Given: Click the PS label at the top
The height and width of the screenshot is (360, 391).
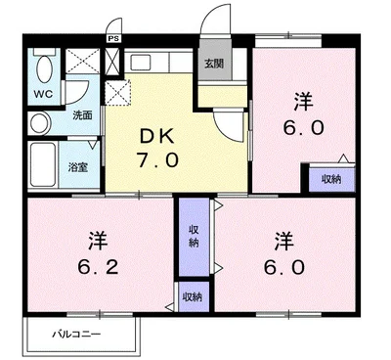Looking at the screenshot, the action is point(114,38).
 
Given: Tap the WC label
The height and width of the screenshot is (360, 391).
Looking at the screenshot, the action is point(43,95).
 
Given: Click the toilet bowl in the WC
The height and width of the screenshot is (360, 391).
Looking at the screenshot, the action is point(45,69).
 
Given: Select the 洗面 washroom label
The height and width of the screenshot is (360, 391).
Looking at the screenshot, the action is point(82,115).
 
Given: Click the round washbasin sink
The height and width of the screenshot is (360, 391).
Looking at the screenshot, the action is point(39,123).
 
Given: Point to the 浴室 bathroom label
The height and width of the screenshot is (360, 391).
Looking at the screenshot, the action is point(78,168).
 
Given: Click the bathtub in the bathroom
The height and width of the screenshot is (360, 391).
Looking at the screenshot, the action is point(43,164).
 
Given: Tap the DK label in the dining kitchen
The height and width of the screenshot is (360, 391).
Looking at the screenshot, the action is point(157,137).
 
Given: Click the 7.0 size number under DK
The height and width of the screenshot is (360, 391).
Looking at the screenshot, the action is point(158,160).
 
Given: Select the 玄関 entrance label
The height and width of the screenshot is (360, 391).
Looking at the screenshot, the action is point(214,64).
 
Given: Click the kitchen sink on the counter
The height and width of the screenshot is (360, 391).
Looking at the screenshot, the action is point(140,62).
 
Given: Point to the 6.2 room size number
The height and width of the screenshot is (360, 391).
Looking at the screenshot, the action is point(98,267).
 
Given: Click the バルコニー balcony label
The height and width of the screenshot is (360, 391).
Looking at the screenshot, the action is point(77,335).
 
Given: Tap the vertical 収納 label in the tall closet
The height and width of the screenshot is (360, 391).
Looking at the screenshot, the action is point(195,237).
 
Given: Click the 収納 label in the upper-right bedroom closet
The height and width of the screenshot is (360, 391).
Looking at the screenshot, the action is point(331,179).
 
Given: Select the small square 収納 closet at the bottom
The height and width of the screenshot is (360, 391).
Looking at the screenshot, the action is point(195,296).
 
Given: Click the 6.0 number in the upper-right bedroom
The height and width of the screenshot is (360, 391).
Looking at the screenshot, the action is point(303,128).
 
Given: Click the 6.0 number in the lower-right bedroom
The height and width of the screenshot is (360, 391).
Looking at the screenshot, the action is point(284,267).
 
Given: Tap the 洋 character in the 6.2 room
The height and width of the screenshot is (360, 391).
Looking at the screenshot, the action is point(98,241).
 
